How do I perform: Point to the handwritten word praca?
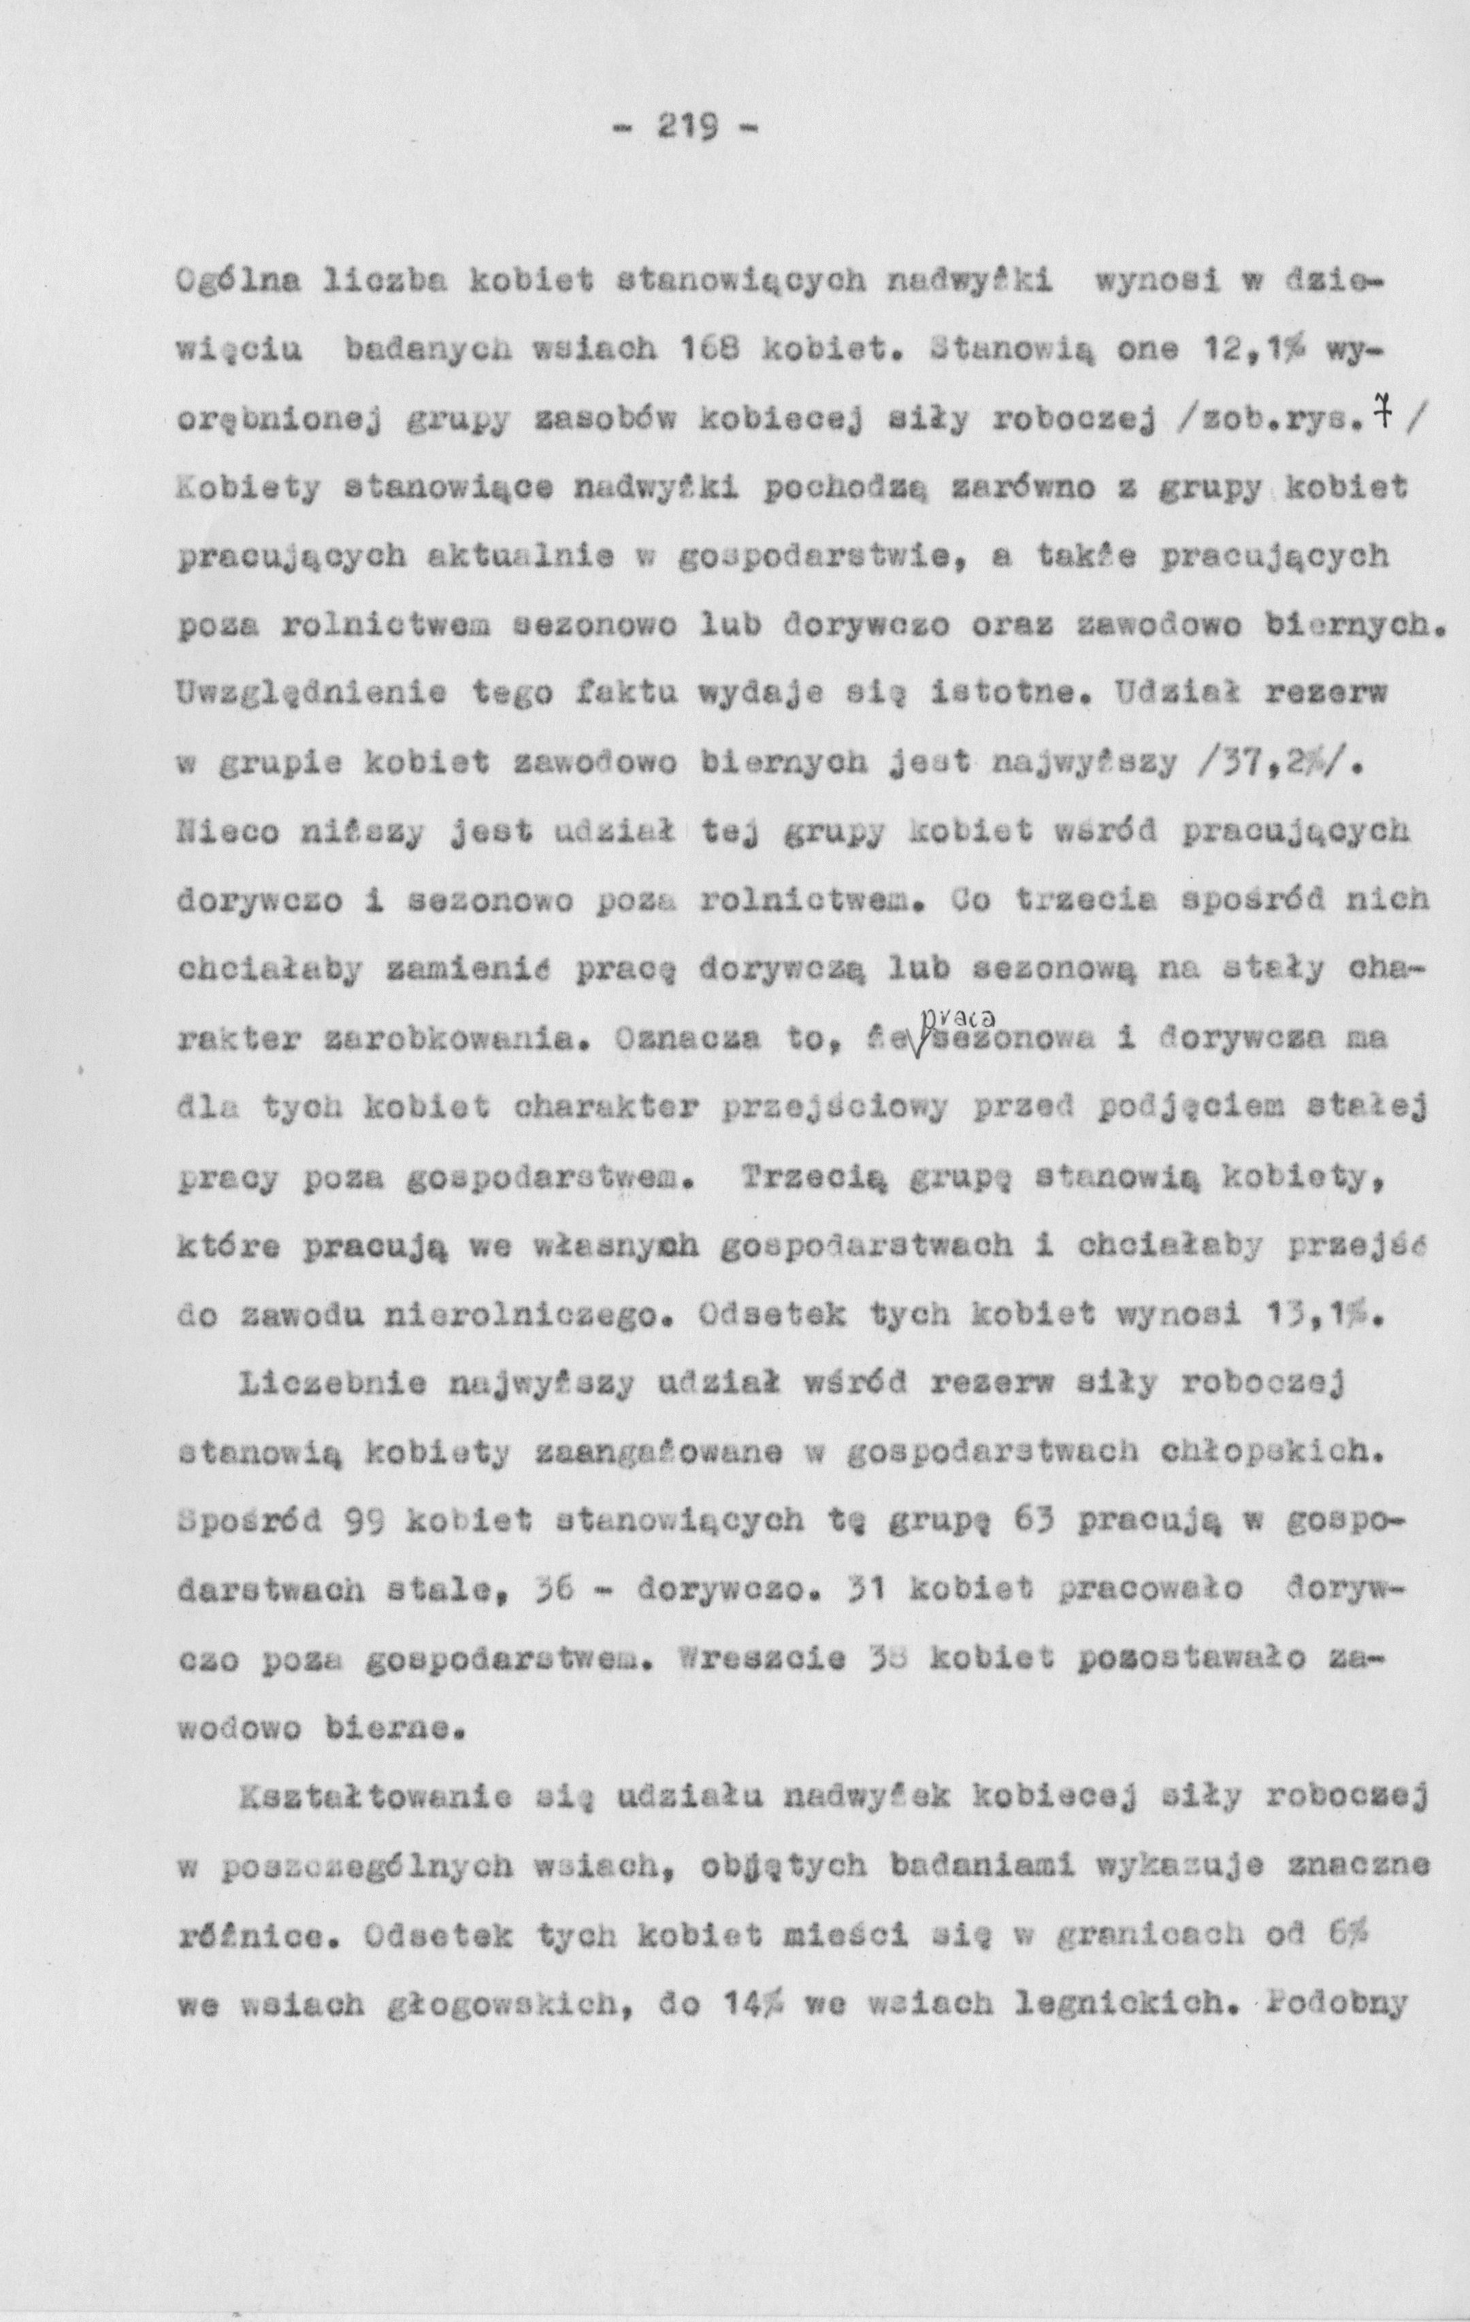952,1016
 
